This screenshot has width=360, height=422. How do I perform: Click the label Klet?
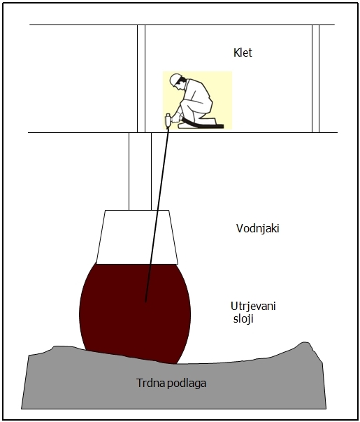(x=243, y=52)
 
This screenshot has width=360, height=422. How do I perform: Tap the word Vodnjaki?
(x=257, y=228)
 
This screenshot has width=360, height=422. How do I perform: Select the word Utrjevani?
(x=253, y=307)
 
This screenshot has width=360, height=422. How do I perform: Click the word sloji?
(x=243, y=319)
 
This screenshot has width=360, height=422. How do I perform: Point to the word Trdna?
(x=150, y=383)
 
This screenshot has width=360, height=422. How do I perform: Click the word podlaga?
(x=187, y=384)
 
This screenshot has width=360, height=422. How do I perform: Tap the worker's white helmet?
(x=175, y=79)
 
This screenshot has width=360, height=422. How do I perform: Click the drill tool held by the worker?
(x=168, y=120)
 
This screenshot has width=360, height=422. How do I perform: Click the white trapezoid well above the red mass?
(x=137, y=237)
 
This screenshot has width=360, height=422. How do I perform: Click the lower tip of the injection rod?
(x=145, y=302)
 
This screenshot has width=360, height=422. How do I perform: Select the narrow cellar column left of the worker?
(x=141, y=78)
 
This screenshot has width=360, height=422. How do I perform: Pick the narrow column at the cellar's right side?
(x=316, y=78)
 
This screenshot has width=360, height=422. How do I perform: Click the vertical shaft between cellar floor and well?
(x=140, y=171)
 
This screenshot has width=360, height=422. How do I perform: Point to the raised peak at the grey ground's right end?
(x=305, y=344)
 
